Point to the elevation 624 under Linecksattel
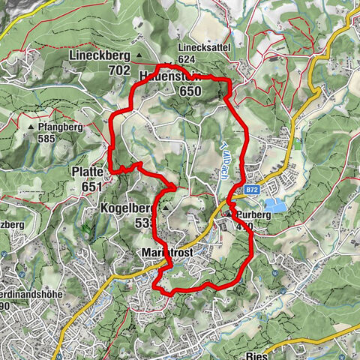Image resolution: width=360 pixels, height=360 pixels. [x=187, y=59]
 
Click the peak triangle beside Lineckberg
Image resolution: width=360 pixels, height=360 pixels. [x=138, y=55]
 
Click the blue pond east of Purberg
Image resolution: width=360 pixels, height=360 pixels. [x=274, y=205]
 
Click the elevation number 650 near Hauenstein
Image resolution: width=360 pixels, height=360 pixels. [x=190, y=91]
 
